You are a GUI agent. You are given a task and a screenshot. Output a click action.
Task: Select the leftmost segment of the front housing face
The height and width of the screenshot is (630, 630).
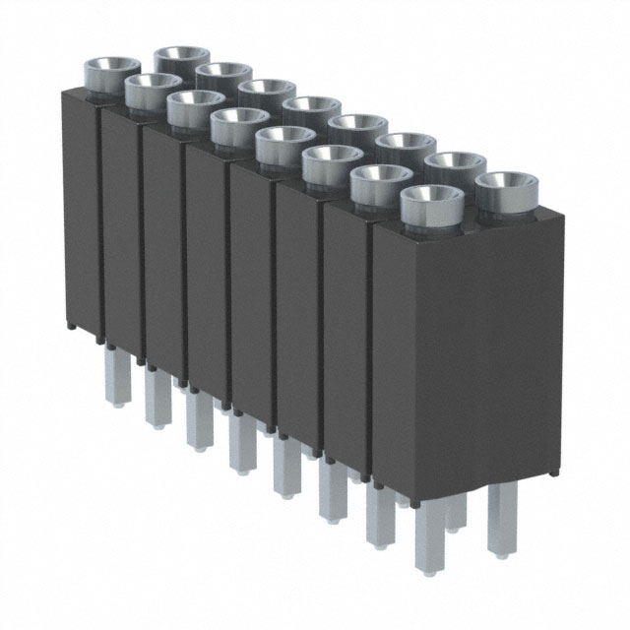tap(81, 207)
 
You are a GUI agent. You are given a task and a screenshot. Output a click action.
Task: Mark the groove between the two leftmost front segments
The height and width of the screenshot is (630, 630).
tap(100, 221)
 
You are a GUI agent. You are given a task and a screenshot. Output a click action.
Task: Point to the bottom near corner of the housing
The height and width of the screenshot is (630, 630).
tap(373, 489)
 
